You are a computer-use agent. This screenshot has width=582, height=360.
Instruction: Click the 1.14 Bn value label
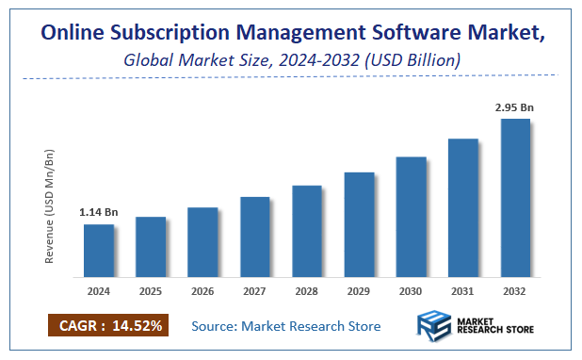pyautogui.click(x=98, y=213)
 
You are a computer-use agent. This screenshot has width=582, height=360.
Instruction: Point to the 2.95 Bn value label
pyautogui.click(x=514, y=107)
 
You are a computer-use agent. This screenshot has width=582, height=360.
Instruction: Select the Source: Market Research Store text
pyautogui.click(x=286, y=326)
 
